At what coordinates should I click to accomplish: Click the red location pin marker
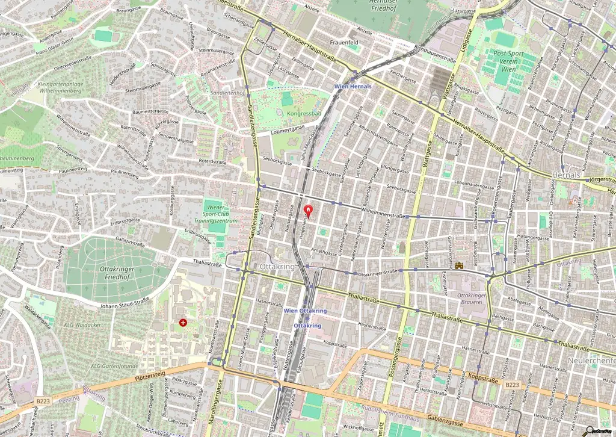point(309,210)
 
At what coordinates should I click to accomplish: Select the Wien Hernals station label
point(353,87)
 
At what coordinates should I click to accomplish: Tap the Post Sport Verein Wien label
point(508,61)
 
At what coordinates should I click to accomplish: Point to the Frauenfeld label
point(344,43)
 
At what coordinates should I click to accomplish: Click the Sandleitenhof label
point(228,93)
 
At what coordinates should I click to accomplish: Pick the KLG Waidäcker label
point(77,324)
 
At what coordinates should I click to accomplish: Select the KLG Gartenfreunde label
point(114,365)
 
